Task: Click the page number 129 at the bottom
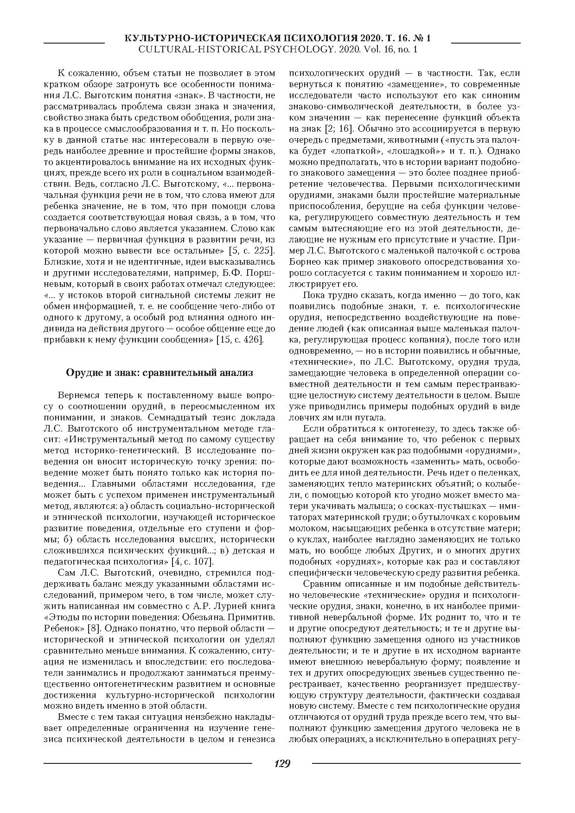click(282, 763)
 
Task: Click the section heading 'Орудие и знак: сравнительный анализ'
click(160, 373)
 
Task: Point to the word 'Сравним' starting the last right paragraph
click(319, 584)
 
